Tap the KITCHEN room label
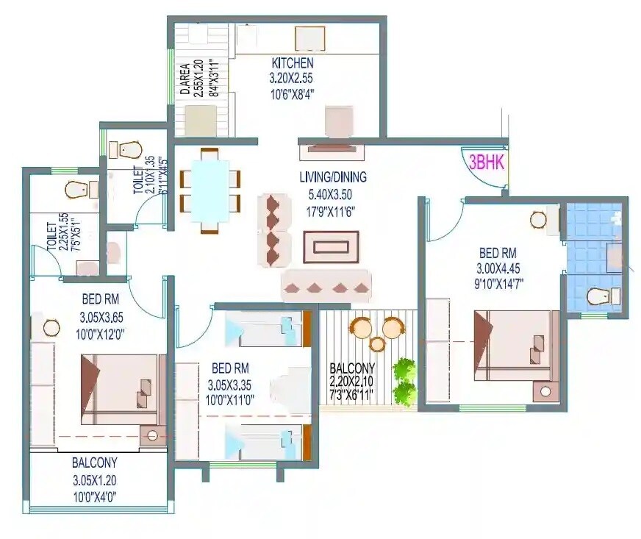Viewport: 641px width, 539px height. click(292, 63)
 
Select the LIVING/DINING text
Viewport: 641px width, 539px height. click(332, 177)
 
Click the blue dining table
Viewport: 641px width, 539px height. click(210, 190)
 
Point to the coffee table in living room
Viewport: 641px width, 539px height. click(331, 247)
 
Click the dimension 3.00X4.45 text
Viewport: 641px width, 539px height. click(499, 268)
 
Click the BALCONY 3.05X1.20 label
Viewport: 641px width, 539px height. click(94, 463)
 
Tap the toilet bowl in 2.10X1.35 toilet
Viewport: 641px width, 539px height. click(129, 149)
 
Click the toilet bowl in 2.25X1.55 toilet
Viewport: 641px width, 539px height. click(78, 190)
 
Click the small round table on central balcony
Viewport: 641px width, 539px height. click(377, 343)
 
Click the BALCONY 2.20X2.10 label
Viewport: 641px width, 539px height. click(352, 368)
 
